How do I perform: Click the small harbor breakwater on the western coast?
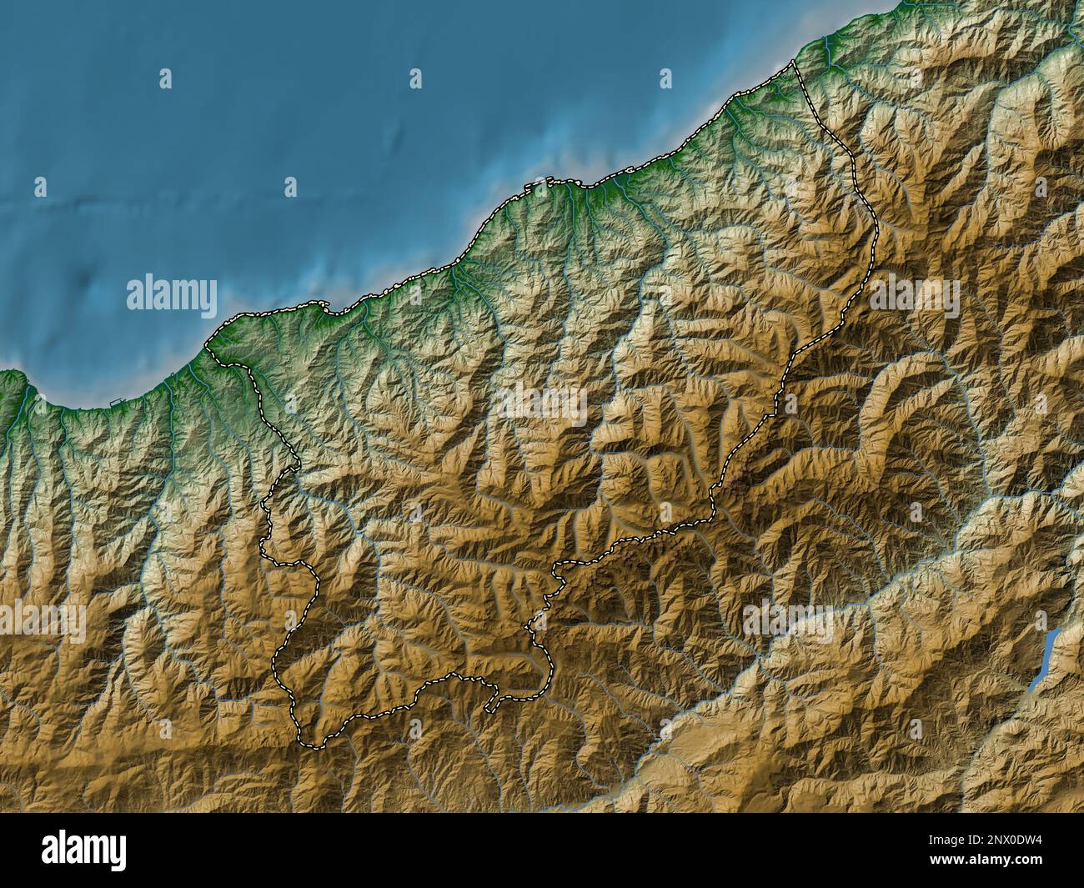(114, 403)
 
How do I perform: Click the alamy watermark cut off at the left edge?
(42, 621)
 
